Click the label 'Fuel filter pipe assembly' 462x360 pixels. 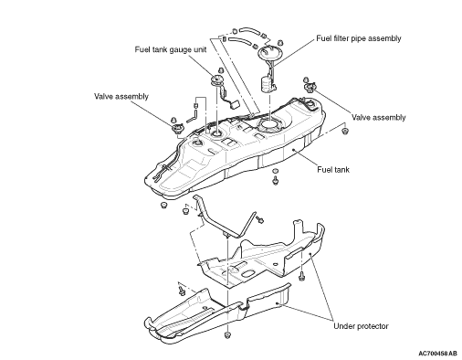(359, 38)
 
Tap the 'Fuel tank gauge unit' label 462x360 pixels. (171, 49)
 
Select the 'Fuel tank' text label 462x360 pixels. (333, 169)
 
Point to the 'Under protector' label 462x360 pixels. (361, 326)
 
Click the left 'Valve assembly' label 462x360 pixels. (121, 96)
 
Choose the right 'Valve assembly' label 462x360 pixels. (379, 117)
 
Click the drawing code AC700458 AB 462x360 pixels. (437, 354)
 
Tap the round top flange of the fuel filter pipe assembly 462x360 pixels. (270, 52)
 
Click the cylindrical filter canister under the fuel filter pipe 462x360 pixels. (267, 84)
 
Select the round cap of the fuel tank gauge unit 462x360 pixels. (217, 80)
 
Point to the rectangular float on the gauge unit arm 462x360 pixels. (235, 105)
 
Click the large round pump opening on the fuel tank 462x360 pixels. (269, 125)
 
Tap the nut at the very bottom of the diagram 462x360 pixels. (227, 335)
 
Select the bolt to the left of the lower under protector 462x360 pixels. (182, 290)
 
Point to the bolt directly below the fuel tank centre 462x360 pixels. (276, 180)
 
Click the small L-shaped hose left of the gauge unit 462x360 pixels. (192, 117)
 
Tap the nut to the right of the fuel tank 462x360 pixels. (344, 132)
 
